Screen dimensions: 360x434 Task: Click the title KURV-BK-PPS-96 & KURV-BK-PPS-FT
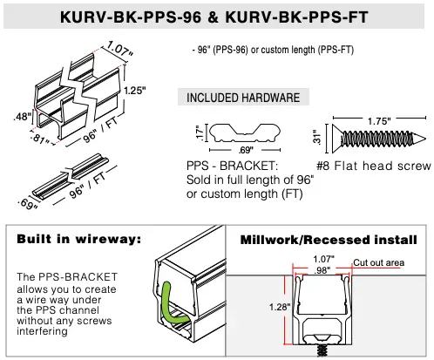tap(216, 17)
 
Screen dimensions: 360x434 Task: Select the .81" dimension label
tap(40, 139)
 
